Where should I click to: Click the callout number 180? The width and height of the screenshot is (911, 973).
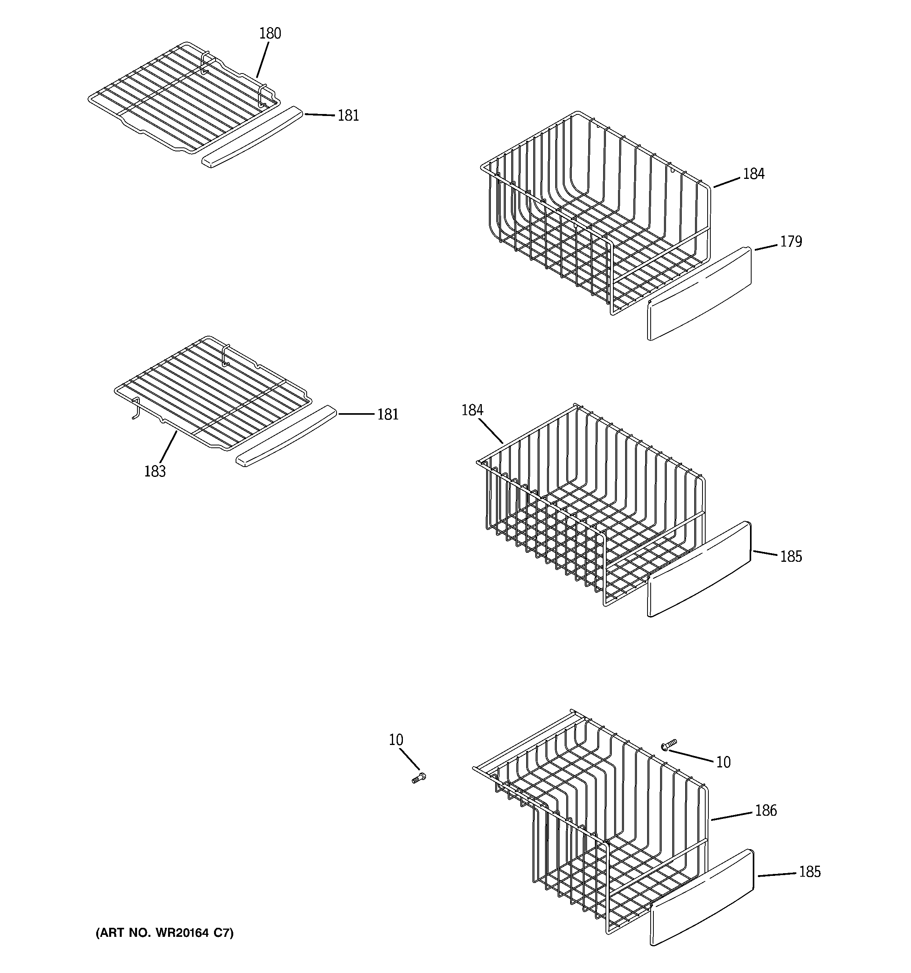point(270,33)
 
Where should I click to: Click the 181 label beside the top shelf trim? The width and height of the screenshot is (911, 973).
point(348,116)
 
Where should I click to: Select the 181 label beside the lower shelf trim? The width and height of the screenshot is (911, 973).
point(388,414)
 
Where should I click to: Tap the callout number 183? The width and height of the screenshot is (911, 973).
point(155,471)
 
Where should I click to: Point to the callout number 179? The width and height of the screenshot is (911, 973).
point(791,242)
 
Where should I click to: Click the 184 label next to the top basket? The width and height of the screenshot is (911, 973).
point(754,174)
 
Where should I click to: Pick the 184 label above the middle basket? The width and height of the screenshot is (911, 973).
point(472,410)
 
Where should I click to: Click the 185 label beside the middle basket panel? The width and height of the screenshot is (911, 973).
point(791,557)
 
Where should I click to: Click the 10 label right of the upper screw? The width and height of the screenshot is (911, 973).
point(723,762)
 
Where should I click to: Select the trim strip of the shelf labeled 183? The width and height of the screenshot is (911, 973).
point(286,436)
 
